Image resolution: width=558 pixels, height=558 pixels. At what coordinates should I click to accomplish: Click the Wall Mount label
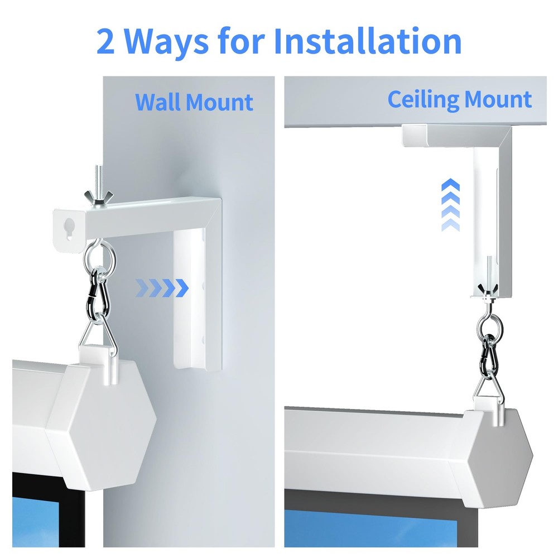194,103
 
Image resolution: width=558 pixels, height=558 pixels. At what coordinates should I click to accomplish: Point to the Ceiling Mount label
459,100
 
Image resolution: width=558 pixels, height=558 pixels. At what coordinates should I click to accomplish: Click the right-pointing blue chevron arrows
162,288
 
